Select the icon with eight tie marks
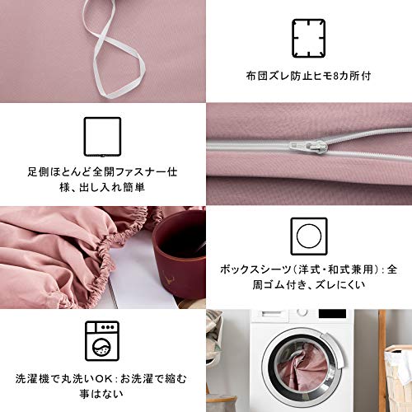(309, 38)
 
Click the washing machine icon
(102, 341)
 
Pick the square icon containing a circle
(309, 236)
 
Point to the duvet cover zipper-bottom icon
(102, 137)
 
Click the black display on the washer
(332, 314)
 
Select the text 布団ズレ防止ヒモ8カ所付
(309, 76)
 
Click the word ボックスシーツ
(255, 269)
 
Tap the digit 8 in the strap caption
(335, 76)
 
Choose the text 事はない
(101, 395)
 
